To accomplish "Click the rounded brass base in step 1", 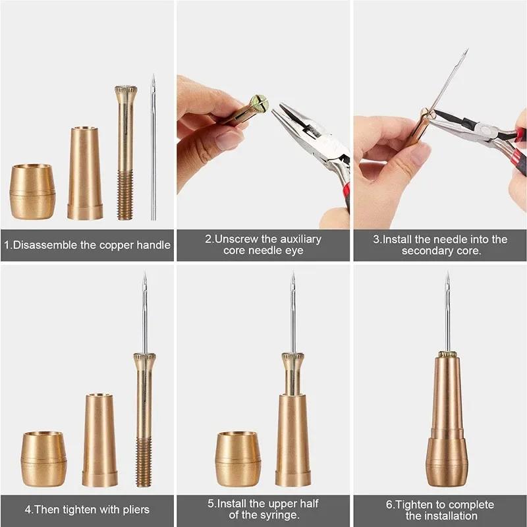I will pyautogui.click(x=32, y=192).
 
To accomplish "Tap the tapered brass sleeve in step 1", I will pyautogui.click(x=85, y=173).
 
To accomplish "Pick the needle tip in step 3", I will pyautogui.click(x=465, y=52).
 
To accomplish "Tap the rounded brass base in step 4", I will pyautogui.click(x=43, y=458).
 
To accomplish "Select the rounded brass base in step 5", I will pyautogui.click(x=238, y=458).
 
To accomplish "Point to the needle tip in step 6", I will pyautogui.click(x=447, y=275).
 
